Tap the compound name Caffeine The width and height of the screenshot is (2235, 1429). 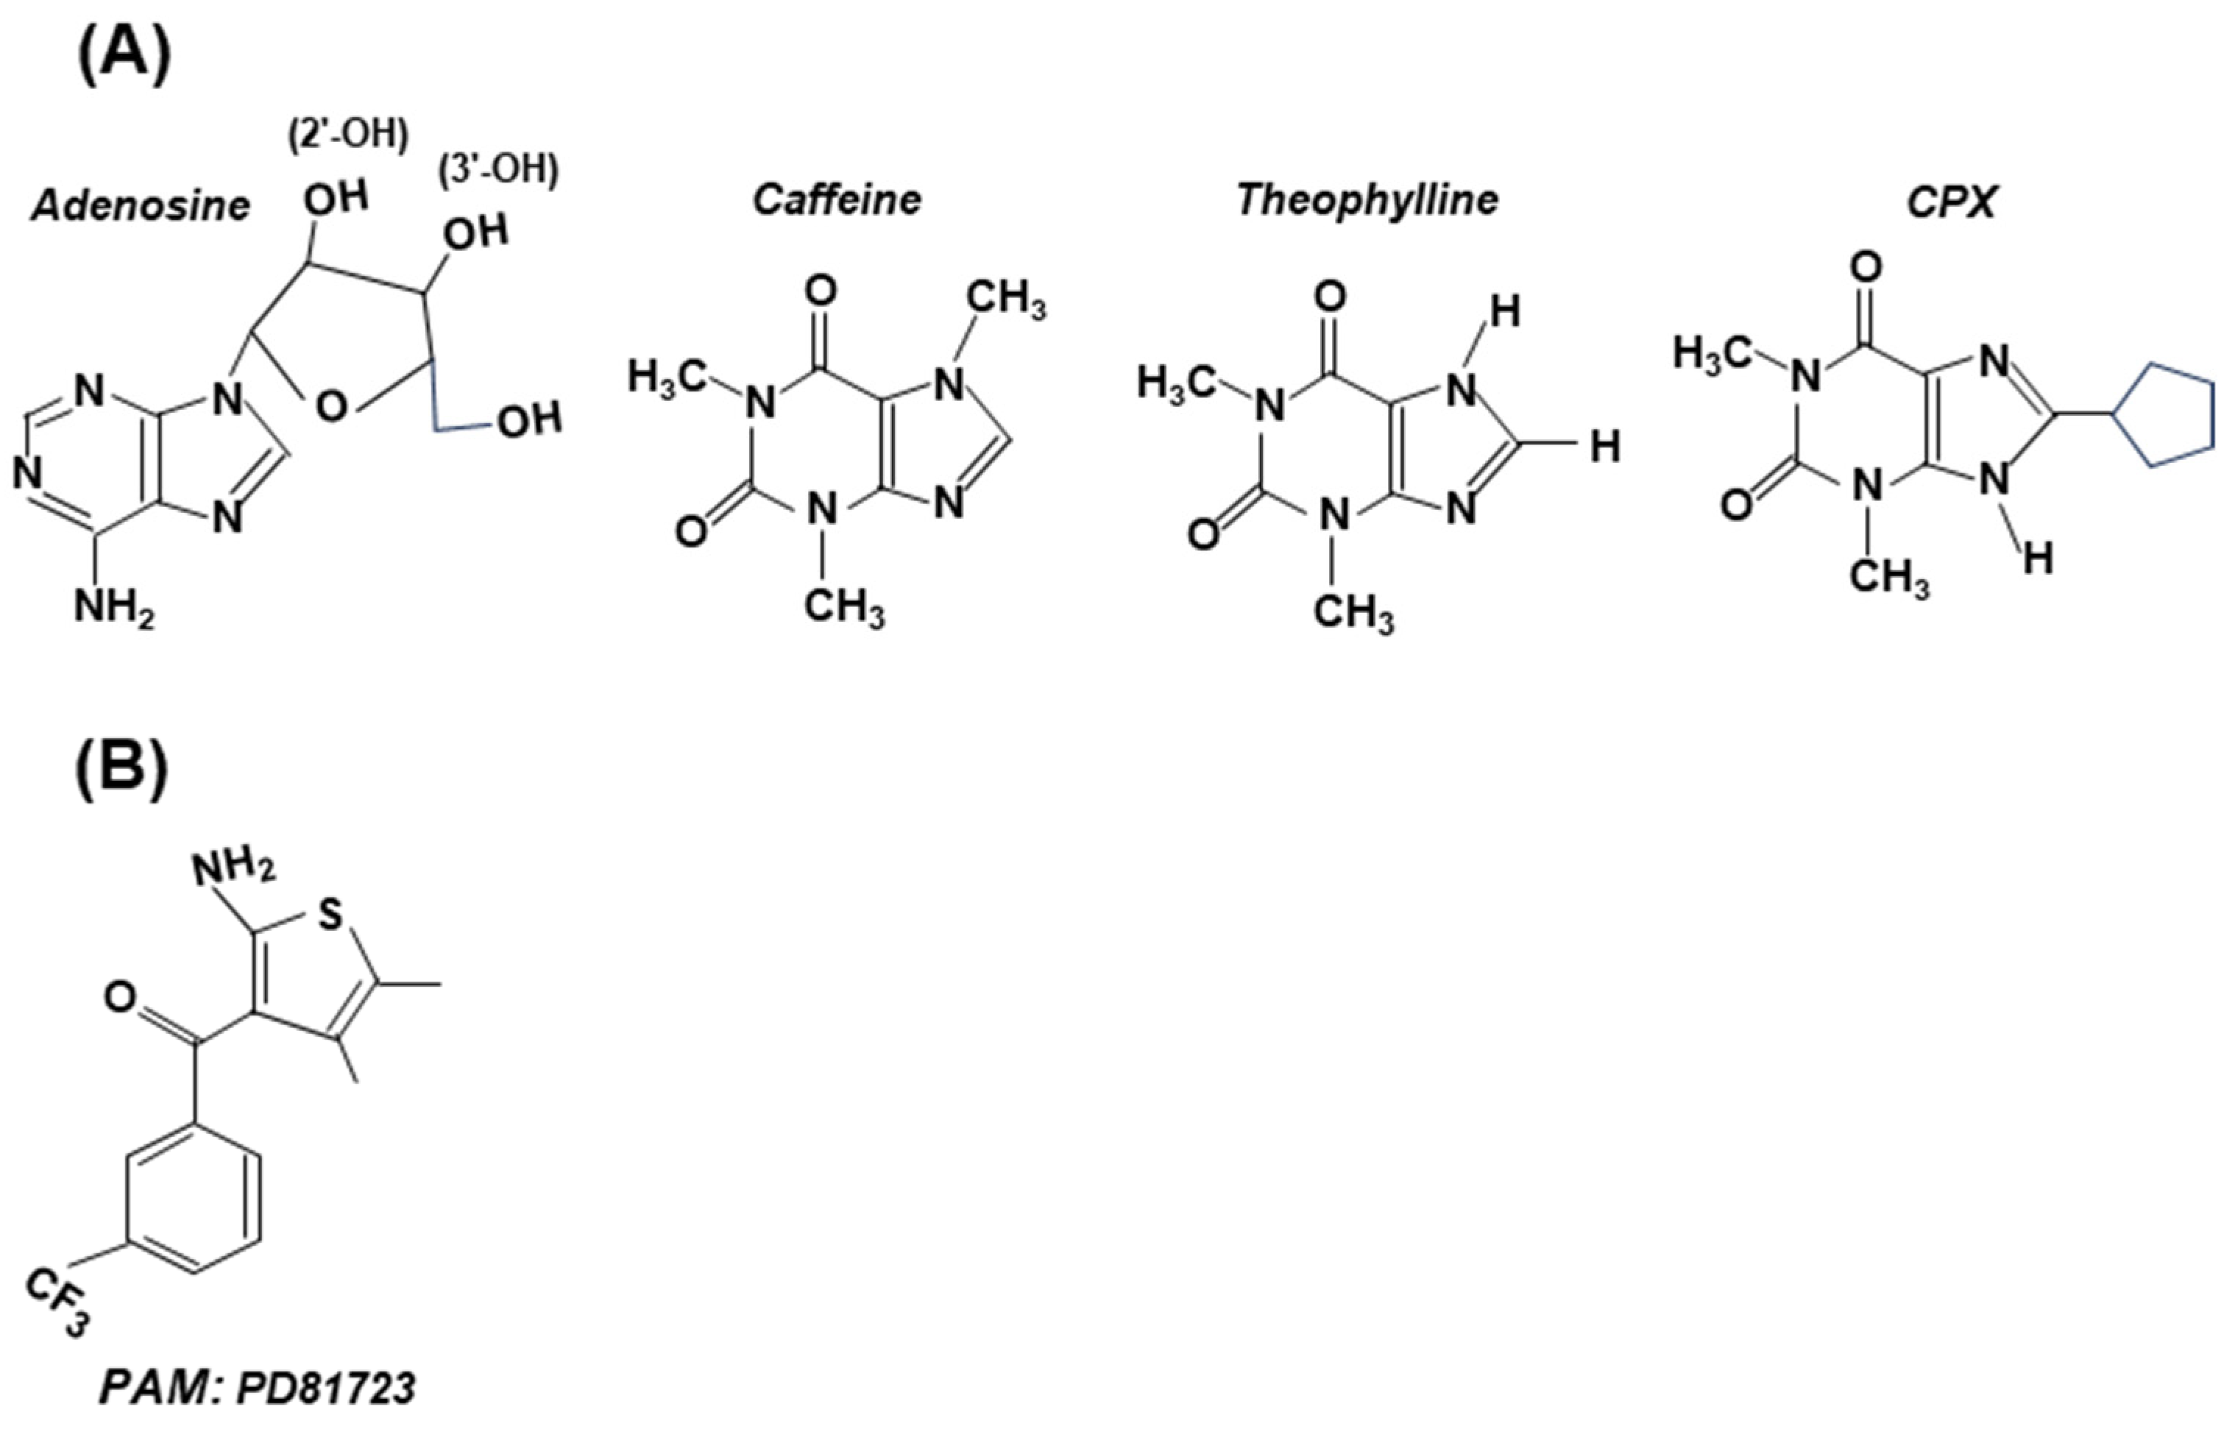(x=837, y=200)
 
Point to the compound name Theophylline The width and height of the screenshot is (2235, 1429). (x=1367, y=200)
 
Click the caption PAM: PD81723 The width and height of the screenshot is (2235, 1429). (x=257, y=1389)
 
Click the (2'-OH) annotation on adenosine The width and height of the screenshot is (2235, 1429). (x=347, y=135)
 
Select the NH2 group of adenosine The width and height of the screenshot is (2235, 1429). (x=113, y=609)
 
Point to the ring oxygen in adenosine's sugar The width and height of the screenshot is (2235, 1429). (x=330, y=406)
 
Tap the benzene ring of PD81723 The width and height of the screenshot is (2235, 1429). (x=193, y=1201)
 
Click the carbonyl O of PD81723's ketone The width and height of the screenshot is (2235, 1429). (x=121, y=999)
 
